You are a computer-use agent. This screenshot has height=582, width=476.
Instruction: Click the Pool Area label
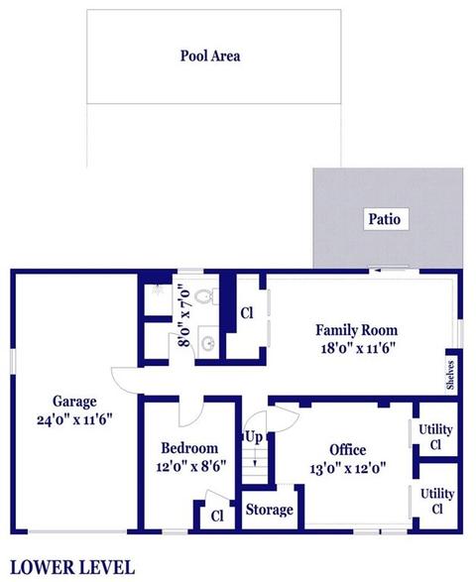coord(210,56)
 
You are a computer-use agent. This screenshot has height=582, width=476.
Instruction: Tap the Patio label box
coord(385,219)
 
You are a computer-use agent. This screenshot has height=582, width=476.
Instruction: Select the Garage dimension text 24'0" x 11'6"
coord(74,420)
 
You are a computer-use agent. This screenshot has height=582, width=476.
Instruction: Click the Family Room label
coord(356,330)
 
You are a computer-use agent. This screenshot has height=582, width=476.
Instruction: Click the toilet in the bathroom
coord(204,296)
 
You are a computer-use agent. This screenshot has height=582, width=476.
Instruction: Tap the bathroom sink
coord(208,342)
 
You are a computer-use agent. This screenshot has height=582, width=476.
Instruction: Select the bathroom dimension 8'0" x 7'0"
coord(184,315)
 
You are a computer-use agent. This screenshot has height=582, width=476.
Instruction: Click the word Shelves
coord(450,375)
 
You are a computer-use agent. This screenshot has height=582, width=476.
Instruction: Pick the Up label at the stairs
coord(254,437)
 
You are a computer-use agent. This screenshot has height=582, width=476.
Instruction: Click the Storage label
coord(269,510)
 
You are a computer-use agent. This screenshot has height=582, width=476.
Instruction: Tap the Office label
coord(348,450)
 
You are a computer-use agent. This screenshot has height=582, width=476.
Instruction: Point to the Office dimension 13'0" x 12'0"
coord(348,468)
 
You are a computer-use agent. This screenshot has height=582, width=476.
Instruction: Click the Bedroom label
coord(189,448)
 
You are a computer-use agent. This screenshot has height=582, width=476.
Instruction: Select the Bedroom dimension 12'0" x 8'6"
coord(190,467)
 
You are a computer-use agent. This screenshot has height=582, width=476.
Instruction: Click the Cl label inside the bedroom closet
coord(217,516)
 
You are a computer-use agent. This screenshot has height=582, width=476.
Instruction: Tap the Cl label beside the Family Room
coord(247,313)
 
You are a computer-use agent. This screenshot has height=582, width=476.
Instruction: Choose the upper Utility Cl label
coord(435,437)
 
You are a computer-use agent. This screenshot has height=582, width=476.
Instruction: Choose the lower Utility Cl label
coord(437,501)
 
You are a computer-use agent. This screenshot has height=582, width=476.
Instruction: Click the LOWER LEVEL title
coord(72,568)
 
